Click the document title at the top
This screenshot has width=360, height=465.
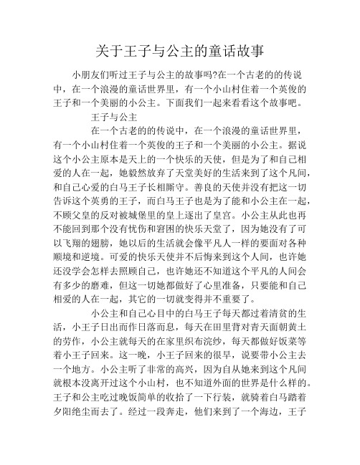click(180, 51)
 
